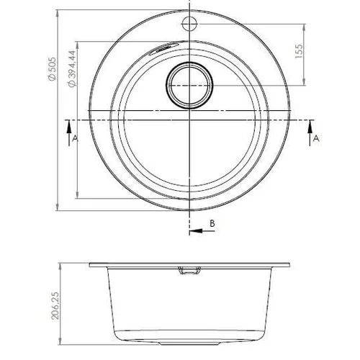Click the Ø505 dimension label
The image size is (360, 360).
(x=52, y=69)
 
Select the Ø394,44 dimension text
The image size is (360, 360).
(x=72, y=68)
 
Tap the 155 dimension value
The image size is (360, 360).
(x=299, y=51)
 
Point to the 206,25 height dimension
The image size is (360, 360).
(x=55, y=305)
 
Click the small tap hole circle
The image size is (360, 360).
(x=189, y=24)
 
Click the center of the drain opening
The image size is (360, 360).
(x=189, y=85)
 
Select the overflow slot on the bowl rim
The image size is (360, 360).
(x=163, y=48)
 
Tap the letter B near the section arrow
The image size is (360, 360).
(x=212, y=223)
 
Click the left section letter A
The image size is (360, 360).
(x=75, y=138)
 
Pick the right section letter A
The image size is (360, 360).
(x=317, y=138)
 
